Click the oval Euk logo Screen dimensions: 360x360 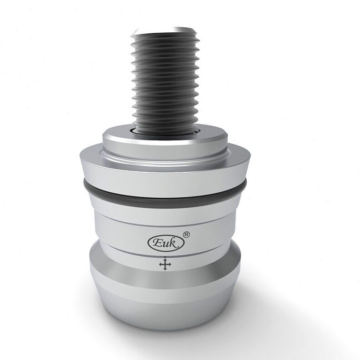tap(166, 243)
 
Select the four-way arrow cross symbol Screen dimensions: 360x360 tap(165, 264)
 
